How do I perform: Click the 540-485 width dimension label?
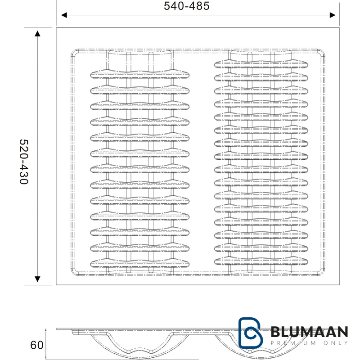186,6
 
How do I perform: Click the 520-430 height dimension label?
24,162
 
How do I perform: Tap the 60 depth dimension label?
37,345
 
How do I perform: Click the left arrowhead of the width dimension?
64,15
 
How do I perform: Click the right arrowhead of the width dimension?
333,15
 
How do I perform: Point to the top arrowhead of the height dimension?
37,33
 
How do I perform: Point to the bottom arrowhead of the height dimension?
37,279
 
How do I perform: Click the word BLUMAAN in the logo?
309,332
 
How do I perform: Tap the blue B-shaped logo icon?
250,333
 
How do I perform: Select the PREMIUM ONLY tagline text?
309,343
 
